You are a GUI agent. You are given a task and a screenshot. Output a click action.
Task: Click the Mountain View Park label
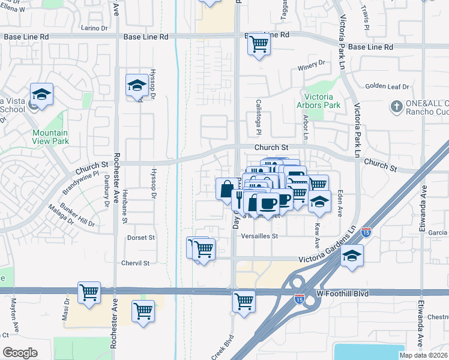50,137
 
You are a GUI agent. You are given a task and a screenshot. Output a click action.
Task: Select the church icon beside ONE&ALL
395,107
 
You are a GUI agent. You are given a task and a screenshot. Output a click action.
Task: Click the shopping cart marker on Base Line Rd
258,44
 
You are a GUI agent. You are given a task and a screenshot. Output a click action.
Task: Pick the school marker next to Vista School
41,94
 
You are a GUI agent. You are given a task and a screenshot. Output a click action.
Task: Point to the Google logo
20,352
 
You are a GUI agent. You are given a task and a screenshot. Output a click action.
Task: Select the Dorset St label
141,238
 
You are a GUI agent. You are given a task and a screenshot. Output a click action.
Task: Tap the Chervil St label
134,263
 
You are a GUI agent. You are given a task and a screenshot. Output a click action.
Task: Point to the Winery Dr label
311,62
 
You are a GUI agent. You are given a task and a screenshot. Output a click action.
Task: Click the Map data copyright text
424,355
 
